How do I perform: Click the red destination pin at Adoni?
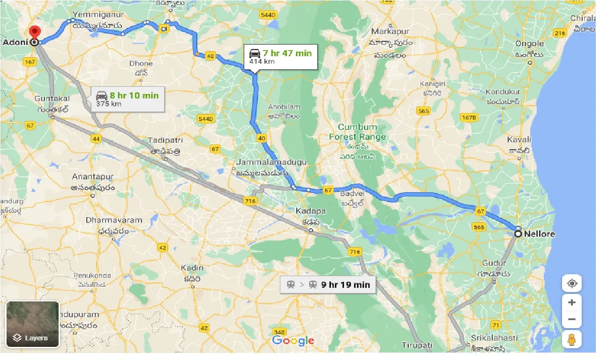click(34, 33)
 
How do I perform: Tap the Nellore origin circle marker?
click(518, 233)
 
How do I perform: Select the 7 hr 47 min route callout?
click(280, 56)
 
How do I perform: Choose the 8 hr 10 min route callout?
click(127, 99)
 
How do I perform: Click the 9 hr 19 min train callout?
click(328, 285)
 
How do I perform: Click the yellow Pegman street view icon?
click(571, 339)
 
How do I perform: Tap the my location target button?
click(571, 284)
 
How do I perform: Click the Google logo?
click(293, 341)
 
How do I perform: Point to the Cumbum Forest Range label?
click(357, 132)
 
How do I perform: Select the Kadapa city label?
click(310, 211)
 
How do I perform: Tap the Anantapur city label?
click(93, 177)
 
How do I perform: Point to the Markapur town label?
click(390, 31)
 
